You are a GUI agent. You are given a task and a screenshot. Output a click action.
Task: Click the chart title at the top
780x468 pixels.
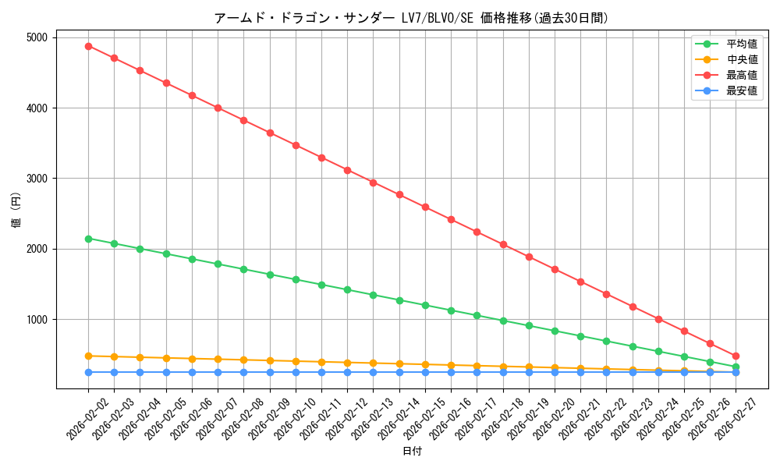(411, 18)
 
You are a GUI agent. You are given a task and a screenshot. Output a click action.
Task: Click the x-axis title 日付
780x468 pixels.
(412, 452)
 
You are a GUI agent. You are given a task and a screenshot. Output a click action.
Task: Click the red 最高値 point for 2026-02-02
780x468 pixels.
(88, 46)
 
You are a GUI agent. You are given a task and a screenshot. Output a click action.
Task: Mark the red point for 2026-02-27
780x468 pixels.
(736, 356)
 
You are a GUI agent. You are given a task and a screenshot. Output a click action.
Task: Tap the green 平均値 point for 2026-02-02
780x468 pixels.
(88, 239)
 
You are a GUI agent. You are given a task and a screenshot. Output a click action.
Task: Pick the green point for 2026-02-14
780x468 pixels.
(399, 300)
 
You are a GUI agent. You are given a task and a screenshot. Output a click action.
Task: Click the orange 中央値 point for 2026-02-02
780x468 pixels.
(88, 356)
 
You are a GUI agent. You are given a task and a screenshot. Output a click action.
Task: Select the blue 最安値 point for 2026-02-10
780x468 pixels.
(296, 372)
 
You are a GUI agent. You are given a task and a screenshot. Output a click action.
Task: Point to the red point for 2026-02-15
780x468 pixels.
(425, 207)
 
